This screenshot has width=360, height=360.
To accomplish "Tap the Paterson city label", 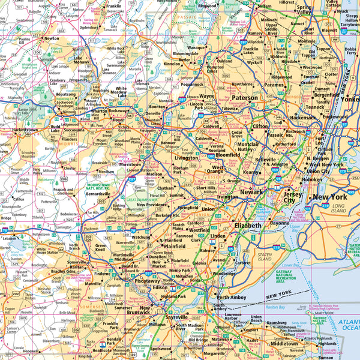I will pos(245,97).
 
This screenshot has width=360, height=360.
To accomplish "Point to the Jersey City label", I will pos(293,199).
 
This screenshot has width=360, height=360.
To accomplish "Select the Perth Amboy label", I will pos(232,297).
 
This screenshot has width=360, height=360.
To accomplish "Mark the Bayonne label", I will pos(280,223).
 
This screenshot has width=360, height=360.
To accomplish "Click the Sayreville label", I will pos(176,316).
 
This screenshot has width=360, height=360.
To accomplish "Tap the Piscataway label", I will pos(147,280).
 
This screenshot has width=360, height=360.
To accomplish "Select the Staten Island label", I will pos(265,256).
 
